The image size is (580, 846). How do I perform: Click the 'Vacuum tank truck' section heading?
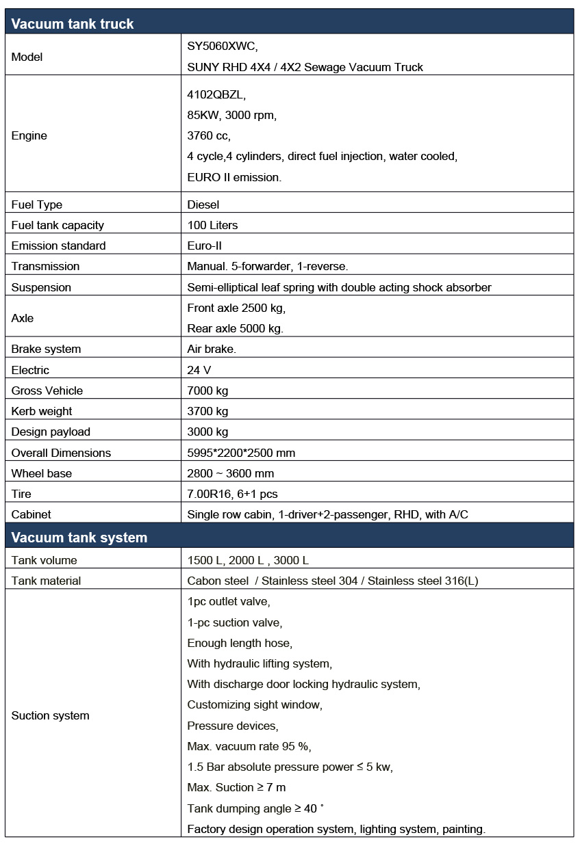pyautogui.click(x=72, y=24)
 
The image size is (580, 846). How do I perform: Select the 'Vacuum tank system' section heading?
pyautogui.click(x=79, y=538)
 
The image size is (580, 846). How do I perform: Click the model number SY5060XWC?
pyautogui.click(x=222, y=47)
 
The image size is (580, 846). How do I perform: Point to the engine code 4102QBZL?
pyautogui.click(x=216, y=94)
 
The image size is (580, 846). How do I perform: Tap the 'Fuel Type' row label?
pyautogui.click(x=36, y=204)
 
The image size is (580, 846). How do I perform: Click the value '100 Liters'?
pyautogui.click(x=212, y=225)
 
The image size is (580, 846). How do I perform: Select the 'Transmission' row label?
pyautogui.click(x=45, y=266)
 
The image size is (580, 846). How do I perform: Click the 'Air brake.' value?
pyautogui.click(x=212, y=349)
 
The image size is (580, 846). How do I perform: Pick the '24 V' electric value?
pyautogui.click(x=199, y=370)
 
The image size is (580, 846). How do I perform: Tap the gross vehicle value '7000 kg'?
pyautogui.click(x=207, y=391)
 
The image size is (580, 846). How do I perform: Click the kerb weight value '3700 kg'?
pyautogui.click(x=207, y=411)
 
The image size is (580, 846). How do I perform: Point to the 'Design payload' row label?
pyautogui.click(x=51, y=432)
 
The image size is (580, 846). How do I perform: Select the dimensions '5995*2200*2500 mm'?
pyautogui.click(x=241, y=453)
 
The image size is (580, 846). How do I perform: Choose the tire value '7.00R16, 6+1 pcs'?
pyautogui.click(x=232, y=494)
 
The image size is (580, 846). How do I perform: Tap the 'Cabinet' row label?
pyautogui.click(x=31, y=514)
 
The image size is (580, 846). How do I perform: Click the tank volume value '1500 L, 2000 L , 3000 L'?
pyautogui.click(x=248, y=560)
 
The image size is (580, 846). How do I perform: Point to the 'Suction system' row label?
pyautogui.click(x=50, y=715)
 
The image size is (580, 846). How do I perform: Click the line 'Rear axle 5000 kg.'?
pyautogui.click(x=235, y=328)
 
